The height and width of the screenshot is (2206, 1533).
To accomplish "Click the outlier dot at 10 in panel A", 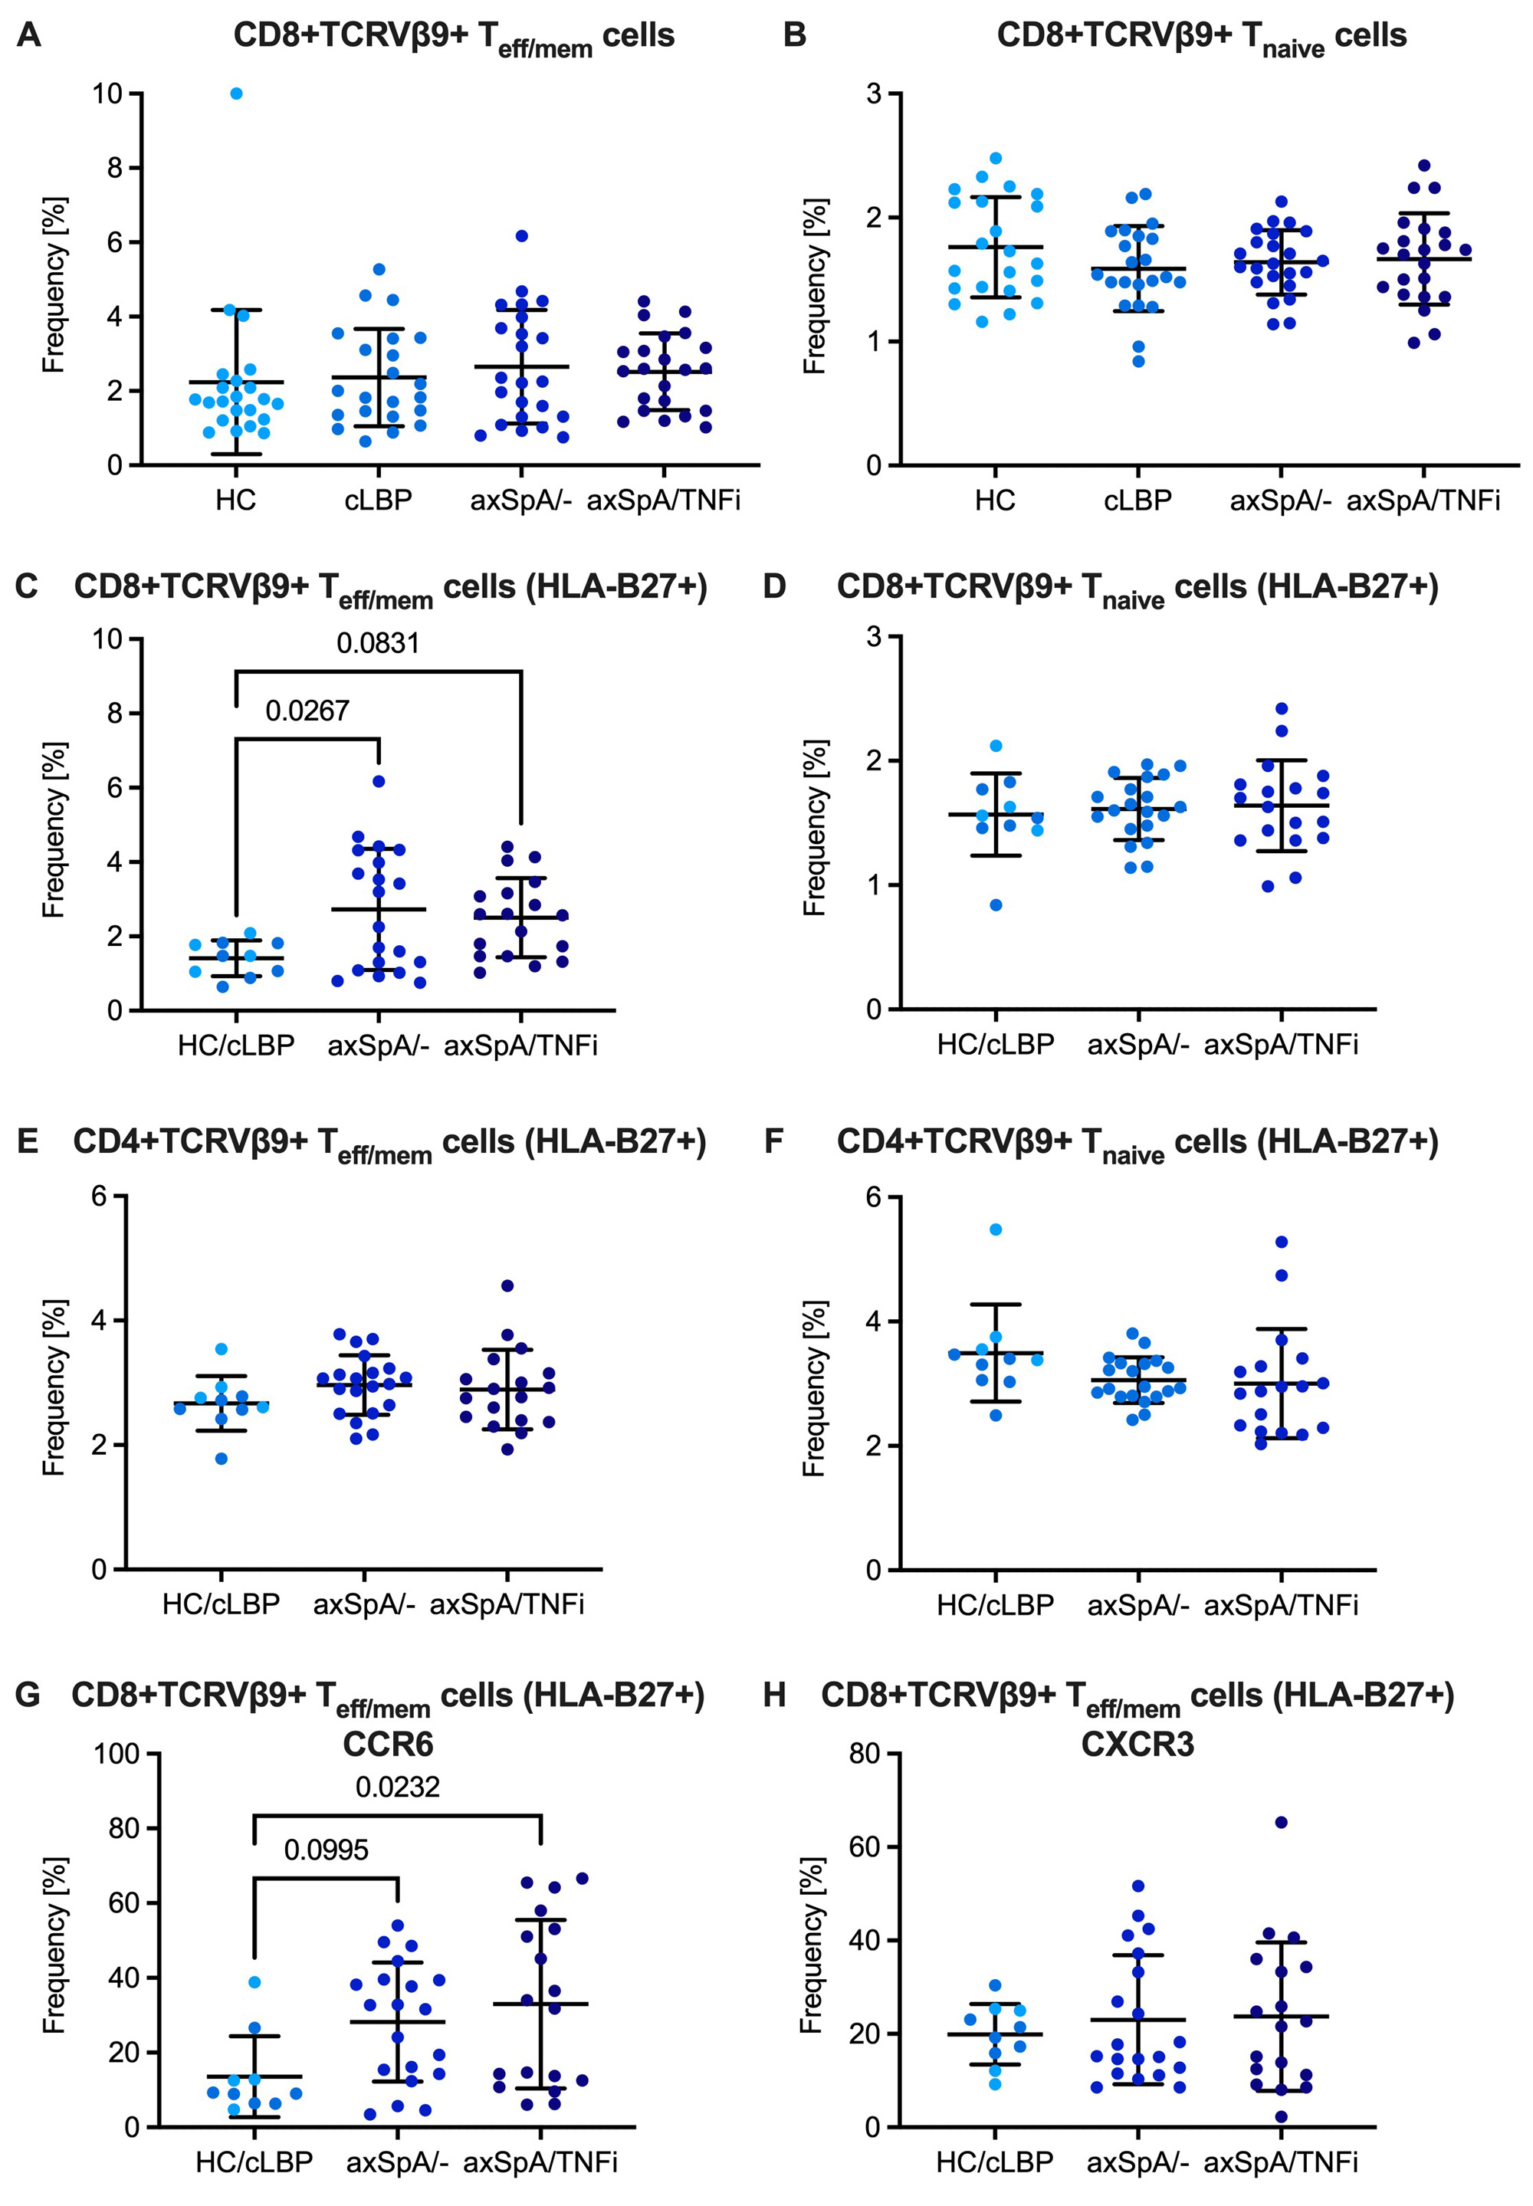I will click(x=236, y=94).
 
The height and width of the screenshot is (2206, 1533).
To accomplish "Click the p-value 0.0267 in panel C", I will click(x=307, y=711).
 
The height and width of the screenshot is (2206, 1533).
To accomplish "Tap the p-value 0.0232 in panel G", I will click(x=398, y=1787).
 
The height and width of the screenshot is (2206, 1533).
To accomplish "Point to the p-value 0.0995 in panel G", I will click(x=327, y=1850).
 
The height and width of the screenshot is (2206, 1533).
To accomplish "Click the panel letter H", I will click(x=775, y=1695).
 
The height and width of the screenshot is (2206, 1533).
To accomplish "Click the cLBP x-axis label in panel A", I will click(x=379, y=501).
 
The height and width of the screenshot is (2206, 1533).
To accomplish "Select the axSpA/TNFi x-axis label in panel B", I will click(x=1423, y=501).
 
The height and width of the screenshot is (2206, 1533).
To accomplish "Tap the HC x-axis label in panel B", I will click(x=995, y=501).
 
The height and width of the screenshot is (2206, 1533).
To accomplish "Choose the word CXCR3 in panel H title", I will click(x=1137, y=1742).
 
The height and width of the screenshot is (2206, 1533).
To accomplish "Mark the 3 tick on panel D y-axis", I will click(x=874, y=637).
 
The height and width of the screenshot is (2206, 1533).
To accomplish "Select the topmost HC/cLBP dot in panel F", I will click(x=996, y=1229).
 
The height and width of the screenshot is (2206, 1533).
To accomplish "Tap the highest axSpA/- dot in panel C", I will click(x=379, y=782).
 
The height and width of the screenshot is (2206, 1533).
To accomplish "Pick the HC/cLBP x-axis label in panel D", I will click(x=995, y=1045).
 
